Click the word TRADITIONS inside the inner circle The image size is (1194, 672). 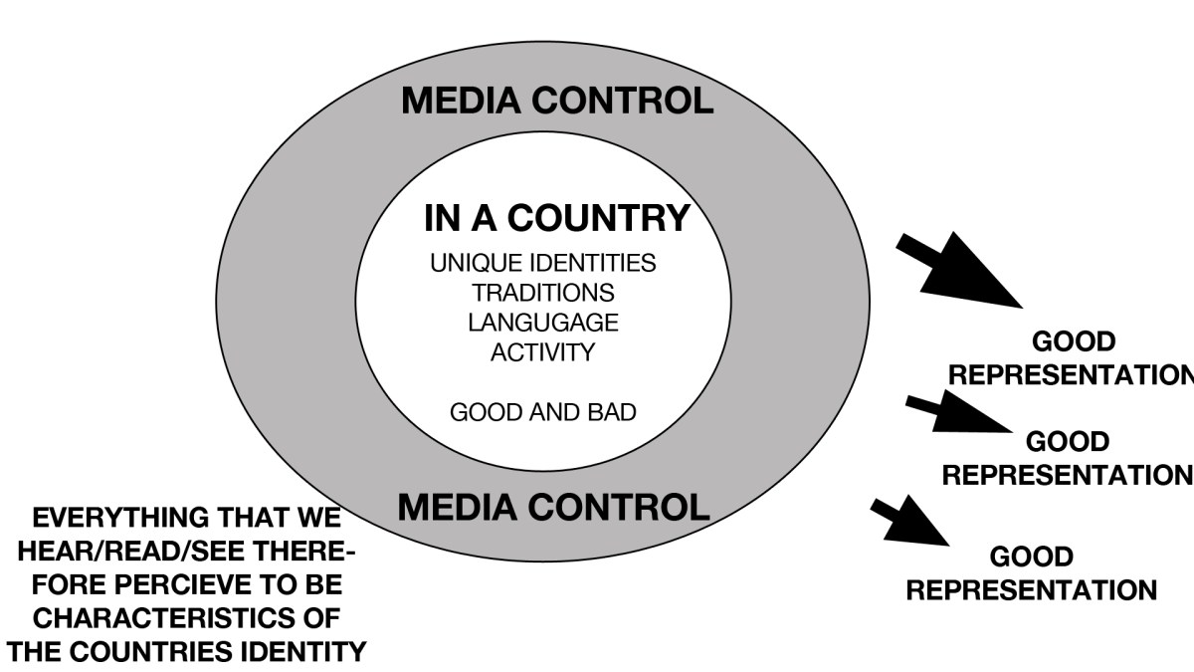coord(542,294)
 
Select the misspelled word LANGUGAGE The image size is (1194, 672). coord(542,324)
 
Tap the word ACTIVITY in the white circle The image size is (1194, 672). coord(542,353)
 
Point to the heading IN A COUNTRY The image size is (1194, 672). coord(556,217)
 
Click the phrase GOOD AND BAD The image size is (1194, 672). coord(542,412)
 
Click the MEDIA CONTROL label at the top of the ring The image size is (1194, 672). coord(556,101)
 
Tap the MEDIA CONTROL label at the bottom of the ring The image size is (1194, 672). coord(553,507)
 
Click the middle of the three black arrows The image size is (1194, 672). coord(955,413)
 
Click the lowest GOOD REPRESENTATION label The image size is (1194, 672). coord(1032,572)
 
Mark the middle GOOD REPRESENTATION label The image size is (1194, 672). coord(1066,458)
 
